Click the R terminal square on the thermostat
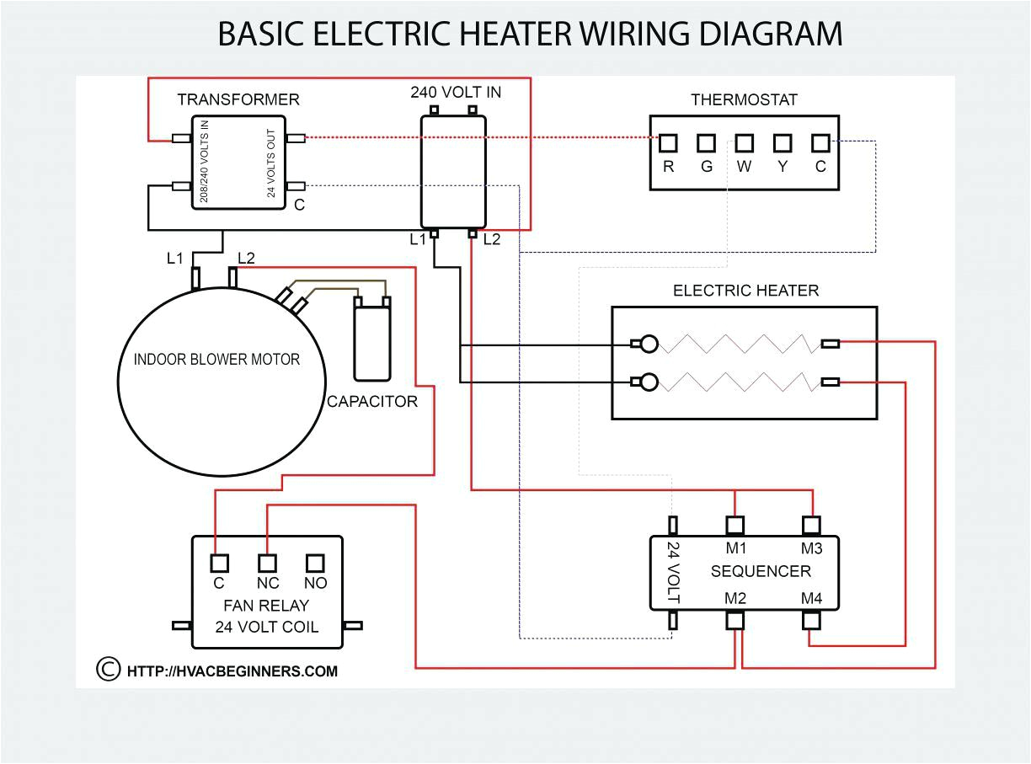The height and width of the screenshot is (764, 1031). pyautogui.click(x=668, y=142)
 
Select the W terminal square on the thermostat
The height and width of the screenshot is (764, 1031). pyautogui.click(x=744, y=142)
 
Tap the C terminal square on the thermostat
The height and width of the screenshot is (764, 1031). pyautogui.click(x=820, y=142)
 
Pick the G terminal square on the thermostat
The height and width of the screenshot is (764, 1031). pyautogui.click(x=706, y=142)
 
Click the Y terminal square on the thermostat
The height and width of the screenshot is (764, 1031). pyautogui.click(x=783, y=142)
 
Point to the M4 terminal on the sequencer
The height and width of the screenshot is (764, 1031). pyautogui.click(x=811, y=621)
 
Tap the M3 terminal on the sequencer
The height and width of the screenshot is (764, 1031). pyautogui.click(x=811, y=526)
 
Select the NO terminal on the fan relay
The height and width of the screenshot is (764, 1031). pyautogui.click(x=316, y=562)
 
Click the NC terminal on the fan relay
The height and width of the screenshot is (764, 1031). pyautogui.click(x=267, y=562)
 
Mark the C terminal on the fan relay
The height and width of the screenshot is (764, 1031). pyautogui.click(x=219, y=562)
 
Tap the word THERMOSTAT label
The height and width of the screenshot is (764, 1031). pyautogui.click(x=744, y=99)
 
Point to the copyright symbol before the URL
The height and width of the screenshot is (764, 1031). pyautogui.click(x=108, y=669)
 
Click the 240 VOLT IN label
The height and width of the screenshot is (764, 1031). pyautogui.click(x=455, y=91)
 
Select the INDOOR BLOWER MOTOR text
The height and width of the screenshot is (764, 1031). pyautogui.click(x=216, y=360)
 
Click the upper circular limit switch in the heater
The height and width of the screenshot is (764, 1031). pyautogui.click(x=648, y=344)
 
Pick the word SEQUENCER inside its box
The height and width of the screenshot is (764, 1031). pyautogui.click(x=761, y=571)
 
